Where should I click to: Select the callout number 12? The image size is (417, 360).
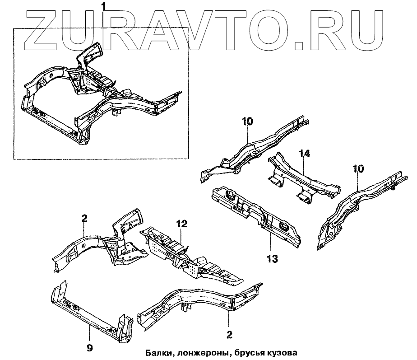[x=181, y=224]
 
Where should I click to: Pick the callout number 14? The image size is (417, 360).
[x=305, y=154]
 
